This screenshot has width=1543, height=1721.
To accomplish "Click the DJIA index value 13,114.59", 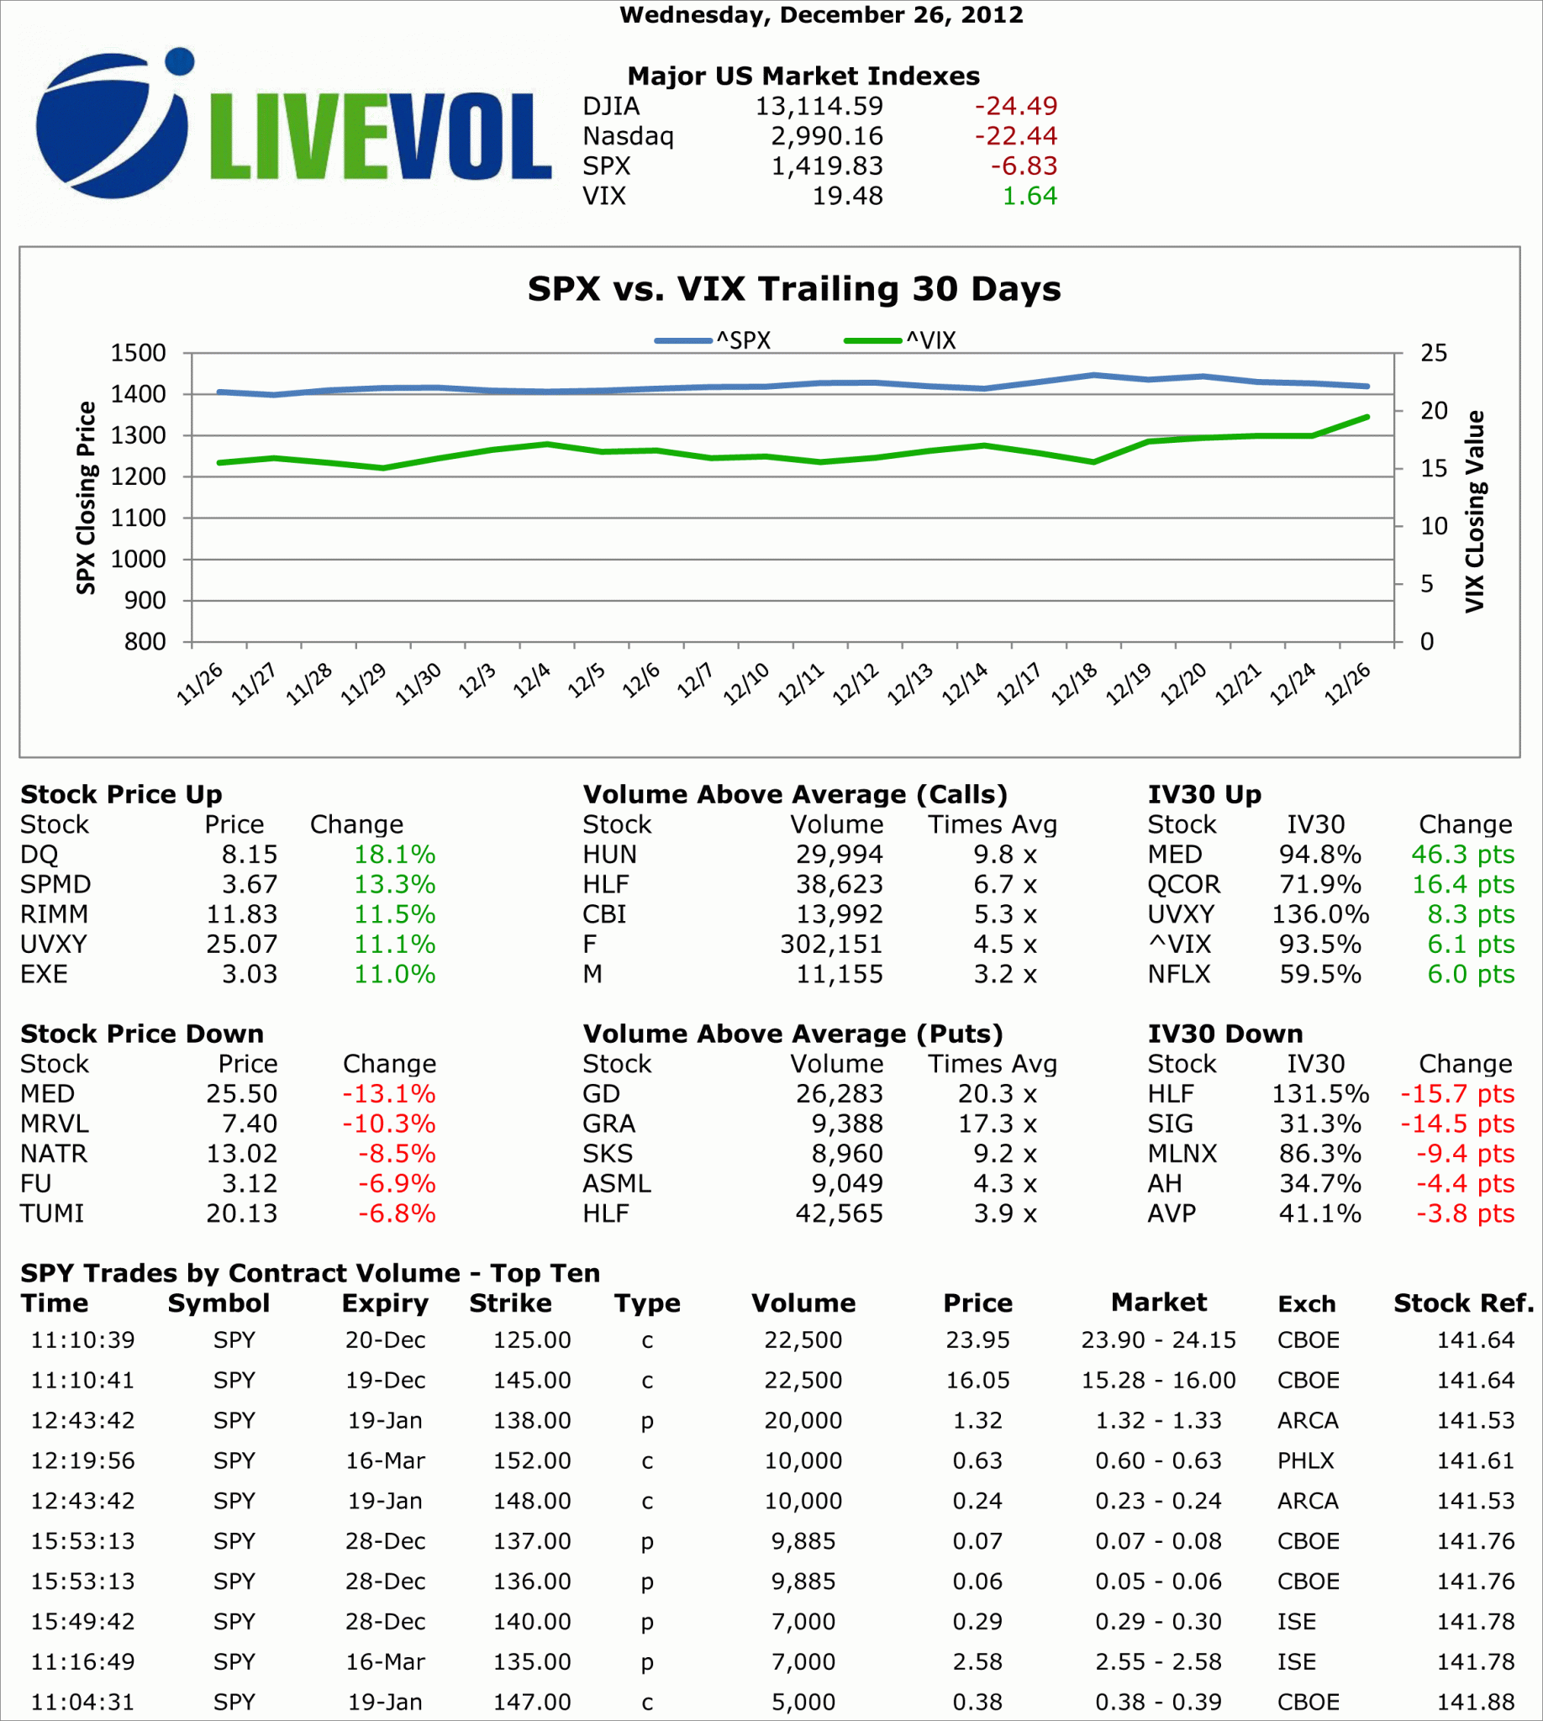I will (819, 106).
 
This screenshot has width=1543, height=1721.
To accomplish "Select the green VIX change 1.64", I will (1030, 196).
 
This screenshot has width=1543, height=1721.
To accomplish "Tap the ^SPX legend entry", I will (713, 341).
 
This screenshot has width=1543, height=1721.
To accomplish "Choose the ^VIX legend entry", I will (900, 341).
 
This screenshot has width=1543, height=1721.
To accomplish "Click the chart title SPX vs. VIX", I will (793, 289).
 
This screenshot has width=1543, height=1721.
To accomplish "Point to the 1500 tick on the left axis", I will (138, 353).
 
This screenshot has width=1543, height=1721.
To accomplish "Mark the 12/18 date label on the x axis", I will (1073, 683).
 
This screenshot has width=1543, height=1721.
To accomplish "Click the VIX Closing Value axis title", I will (1474, 511).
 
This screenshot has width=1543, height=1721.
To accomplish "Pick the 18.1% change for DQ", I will (394, 855).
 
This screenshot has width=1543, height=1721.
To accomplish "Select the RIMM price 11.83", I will (242, 915).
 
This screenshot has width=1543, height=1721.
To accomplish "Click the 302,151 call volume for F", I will (831, 945).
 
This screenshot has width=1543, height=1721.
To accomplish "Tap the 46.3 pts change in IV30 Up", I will (1462, 855).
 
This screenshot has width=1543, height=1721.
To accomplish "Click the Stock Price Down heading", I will (141, 1034).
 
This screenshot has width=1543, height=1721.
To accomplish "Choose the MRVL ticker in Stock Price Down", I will (55, 1124).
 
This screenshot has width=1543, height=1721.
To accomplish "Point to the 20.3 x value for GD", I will (997, 1094).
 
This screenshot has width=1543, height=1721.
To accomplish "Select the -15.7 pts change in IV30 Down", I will (1456, 1094).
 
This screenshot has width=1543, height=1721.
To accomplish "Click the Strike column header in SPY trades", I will (510, 1303).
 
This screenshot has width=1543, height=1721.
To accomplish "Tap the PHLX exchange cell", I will (1306, 1460).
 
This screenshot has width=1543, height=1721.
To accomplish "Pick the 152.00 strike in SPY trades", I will (532, 1460).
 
